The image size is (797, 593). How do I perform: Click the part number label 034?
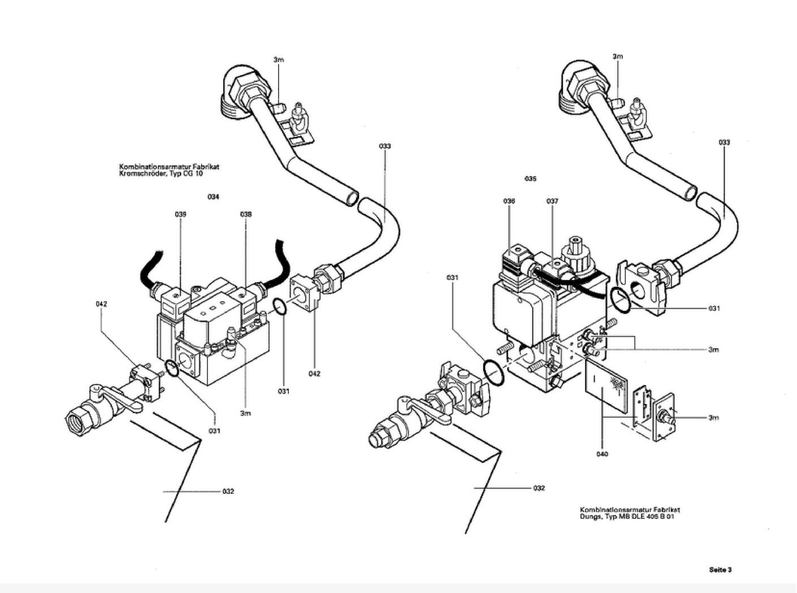(x=213, y=197)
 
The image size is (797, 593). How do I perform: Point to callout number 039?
(x=180, y=214)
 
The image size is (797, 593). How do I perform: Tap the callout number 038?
(x=246, y=214)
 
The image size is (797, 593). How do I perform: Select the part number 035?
(x=530, y=179)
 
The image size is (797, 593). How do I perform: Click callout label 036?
(x=509, y=201)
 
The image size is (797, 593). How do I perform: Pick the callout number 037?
(x=552, y=201)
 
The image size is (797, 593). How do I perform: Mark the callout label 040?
(x=603, y=454)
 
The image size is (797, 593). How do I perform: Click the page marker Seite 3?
(x=720, y=569)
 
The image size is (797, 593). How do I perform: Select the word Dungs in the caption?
(x=590, y=516)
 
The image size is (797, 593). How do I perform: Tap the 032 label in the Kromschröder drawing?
(x=228, y=491)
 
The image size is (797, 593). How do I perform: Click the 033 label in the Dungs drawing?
(x=724, y=142)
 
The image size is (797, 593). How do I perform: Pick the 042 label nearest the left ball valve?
(x=101, y=304)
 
